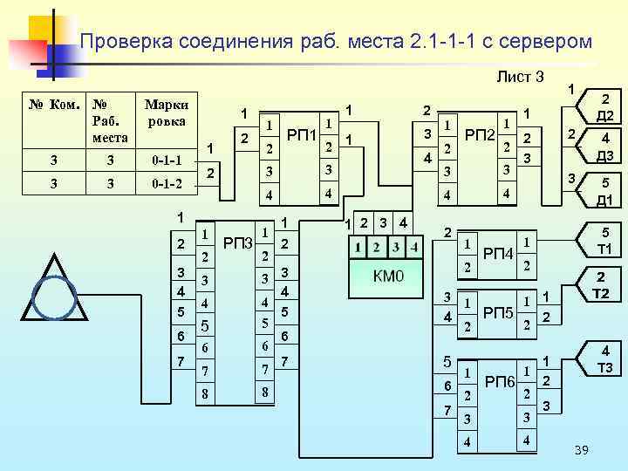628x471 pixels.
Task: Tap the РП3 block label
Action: (x=237, y=241)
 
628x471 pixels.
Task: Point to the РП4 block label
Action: (x=498, y=254)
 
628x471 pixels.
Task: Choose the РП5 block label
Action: (x=498, y=312)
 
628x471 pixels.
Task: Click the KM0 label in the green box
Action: (x=389, y=277)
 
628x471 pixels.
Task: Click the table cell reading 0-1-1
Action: (x=166, y=160)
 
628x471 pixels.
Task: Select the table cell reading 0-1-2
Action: (x=166, y=184)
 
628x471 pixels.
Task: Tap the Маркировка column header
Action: (x=166, y=113)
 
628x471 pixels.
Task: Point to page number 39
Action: (x=583, y=448)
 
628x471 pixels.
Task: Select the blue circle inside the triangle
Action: (x=55, y=297)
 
